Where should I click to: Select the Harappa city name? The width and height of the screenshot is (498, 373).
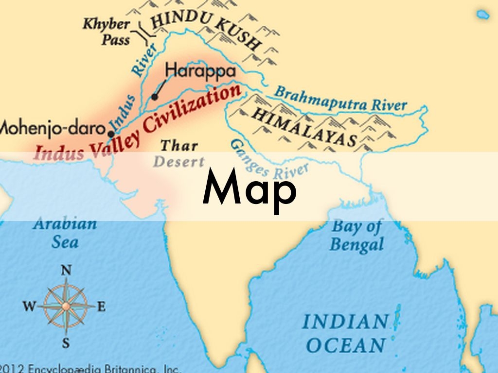pyautogui.click(x=200, y=70)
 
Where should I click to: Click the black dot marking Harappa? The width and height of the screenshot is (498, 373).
pyautogui.click(x=155, y=97)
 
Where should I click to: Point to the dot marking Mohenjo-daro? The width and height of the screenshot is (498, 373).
pyautogui.click(x=111, y=134)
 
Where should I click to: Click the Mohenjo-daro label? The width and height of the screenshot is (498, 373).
pyautogui.click(x=52, y=129)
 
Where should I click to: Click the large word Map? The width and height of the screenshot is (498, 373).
pyautogui.click(x=249, y=187)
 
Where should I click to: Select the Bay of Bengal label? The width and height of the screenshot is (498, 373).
pyautogui.click(x=356, y=235)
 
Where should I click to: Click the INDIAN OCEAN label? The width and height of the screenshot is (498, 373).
pyautogui.click(x=345, y=333)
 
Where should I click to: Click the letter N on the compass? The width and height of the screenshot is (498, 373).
pyautogui.click(x=66, y=271)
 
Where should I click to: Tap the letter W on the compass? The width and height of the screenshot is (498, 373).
pyautogui.click(x=29, y=306)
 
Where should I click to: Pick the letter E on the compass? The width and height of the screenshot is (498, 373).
pyautogui.click(x=101, y=306)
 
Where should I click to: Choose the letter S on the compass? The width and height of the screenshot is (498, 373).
pyautogui.click(x=66, y=342)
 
